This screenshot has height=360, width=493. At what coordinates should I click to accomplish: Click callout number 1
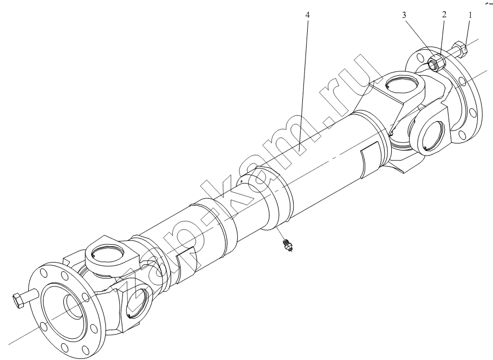tap(470, 15)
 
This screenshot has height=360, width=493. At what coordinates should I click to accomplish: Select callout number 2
tap(444, 15)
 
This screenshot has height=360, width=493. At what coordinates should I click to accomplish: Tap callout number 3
tap(404, 15)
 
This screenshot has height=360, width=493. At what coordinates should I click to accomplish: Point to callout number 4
tap(307, 15)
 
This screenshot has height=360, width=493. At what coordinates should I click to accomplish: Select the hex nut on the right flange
tap(437, 63)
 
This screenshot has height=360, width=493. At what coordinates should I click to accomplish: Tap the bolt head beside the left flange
tap(18, 300)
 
